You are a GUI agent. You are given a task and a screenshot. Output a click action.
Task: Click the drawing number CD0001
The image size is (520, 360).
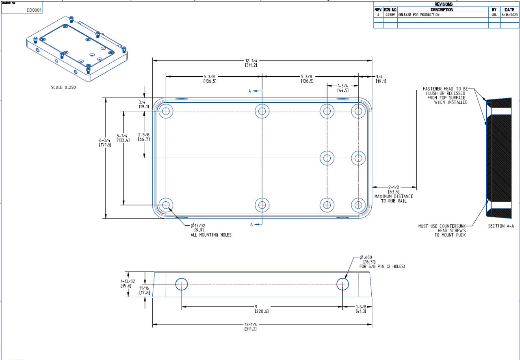[34, 10]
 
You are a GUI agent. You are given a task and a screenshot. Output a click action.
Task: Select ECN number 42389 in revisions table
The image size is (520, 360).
[390, 15]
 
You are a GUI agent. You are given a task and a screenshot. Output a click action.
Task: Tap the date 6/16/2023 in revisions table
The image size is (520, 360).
[509, 15]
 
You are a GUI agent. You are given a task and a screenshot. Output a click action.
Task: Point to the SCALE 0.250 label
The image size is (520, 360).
[63, 87]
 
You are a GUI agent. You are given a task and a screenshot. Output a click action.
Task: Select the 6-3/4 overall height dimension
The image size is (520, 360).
[105, 142]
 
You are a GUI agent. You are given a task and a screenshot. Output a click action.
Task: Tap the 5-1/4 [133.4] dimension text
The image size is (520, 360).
[122, 138]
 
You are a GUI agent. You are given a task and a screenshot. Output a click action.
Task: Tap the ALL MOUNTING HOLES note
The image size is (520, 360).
[211, 235]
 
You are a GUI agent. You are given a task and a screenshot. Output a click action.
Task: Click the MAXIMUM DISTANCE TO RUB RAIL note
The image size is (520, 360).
[393, 198]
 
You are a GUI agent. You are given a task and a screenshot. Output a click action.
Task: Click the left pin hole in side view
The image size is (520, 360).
[181, 284]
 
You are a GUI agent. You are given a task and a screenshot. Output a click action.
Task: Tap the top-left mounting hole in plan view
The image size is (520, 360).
[166, 111]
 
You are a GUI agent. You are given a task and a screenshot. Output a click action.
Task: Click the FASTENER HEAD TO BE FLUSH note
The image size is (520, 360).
[445, 95]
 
